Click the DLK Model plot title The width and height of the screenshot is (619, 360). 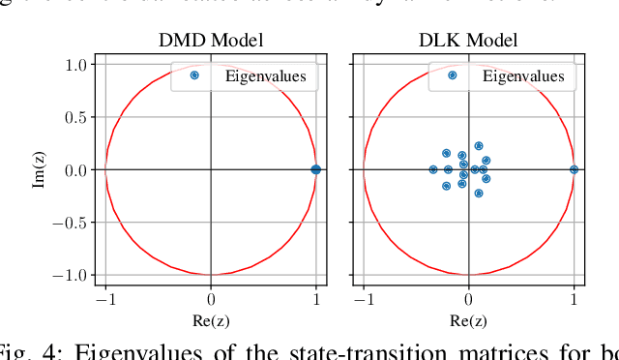point(468,41)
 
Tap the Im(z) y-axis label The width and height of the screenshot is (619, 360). point(40,170)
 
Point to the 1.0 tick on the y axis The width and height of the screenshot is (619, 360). point(75,65)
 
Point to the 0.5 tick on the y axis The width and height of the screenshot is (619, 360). point(75,117)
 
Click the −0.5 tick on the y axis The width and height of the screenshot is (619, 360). point(71,223)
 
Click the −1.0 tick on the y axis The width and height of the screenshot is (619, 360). point(71,275)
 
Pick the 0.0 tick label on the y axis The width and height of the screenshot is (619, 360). point(75,170)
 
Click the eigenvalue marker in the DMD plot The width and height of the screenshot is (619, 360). point(315,169)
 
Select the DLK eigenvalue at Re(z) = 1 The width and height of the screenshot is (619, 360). point(574,169)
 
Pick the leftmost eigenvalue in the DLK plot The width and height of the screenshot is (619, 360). point(433,169)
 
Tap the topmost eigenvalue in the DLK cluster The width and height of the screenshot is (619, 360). point(478,146)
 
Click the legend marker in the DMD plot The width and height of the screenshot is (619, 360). point(193,75)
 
